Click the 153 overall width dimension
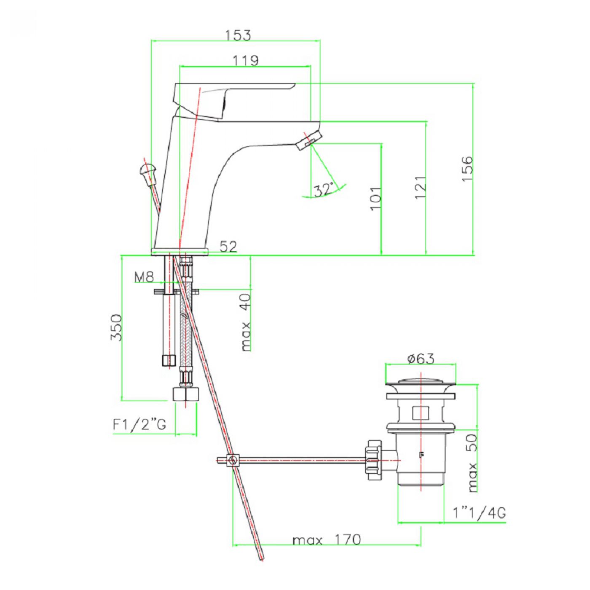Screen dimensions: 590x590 pos(238,35)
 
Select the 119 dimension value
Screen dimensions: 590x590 pos(246,60)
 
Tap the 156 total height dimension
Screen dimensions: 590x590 pos(467,169)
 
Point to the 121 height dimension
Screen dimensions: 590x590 pos(420,188)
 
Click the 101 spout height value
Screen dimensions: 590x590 pos(375,198)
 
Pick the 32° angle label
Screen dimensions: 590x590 pos(324,189)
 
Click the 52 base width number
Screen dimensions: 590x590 pos(228,246)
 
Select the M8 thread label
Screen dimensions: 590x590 pos(144,277)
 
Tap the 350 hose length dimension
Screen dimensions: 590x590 pos(116,327)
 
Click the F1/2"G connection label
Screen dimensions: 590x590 pos(139,424)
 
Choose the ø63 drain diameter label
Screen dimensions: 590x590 pos(420,359)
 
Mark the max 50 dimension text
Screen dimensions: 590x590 pos(472,462)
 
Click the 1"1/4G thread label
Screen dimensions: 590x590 pos(479,512)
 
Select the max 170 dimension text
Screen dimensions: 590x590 pos(327,540)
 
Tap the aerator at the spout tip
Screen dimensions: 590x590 pos(309,140)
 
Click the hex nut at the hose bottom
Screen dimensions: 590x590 pos(185,394)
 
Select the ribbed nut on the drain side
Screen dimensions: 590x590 pos(374,460)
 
